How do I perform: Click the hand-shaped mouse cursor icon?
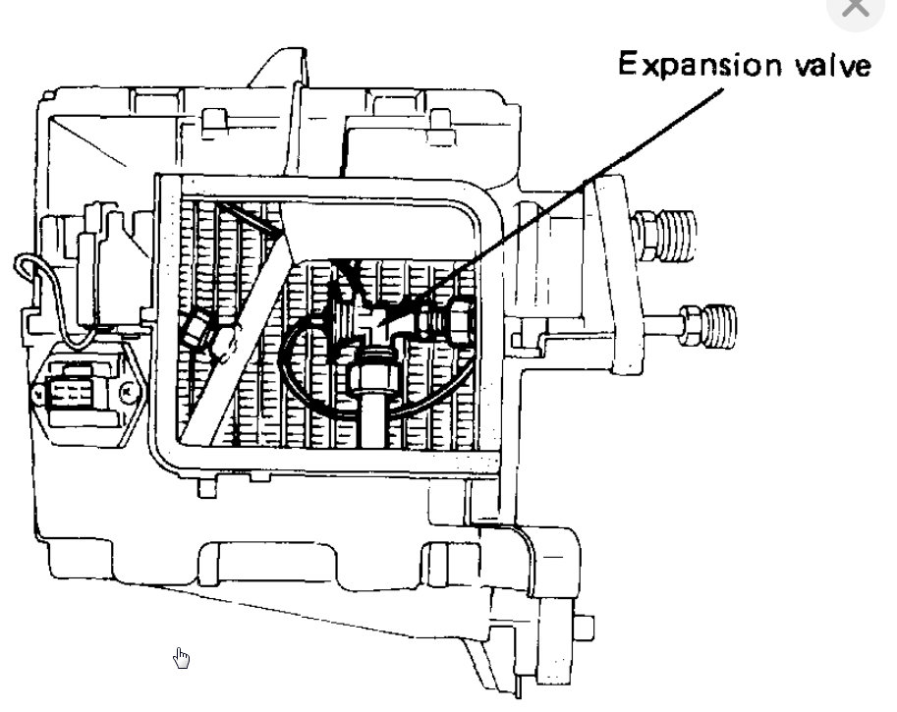pos(182,657)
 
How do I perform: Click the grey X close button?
pos(856,8)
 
